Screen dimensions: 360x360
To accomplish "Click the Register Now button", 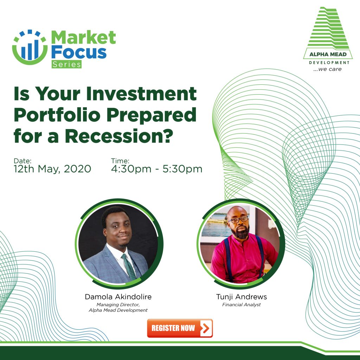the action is [x=180, y=328].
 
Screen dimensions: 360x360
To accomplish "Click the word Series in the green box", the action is [x=66, y=64].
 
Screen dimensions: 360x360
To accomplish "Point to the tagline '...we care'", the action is [x=328, y=69].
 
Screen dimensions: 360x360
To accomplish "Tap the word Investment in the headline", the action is [x=141, y=94].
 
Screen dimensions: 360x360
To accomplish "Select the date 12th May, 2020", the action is [x=52, y=169].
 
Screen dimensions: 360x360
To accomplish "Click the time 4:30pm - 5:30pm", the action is [x=156, y=169].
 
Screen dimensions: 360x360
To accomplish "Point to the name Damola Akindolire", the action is [x=118, y=297].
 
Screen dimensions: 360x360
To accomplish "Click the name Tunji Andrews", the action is [x=241, y=297].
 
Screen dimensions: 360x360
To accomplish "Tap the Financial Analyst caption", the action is [x=241, y=305].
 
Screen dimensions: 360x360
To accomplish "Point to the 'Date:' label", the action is [x=22, y=161].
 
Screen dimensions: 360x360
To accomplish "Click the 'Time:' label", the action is [x=120, y=161].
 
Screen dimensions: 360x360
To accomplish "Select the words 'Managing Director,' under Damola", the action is [x=118, y=305].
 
